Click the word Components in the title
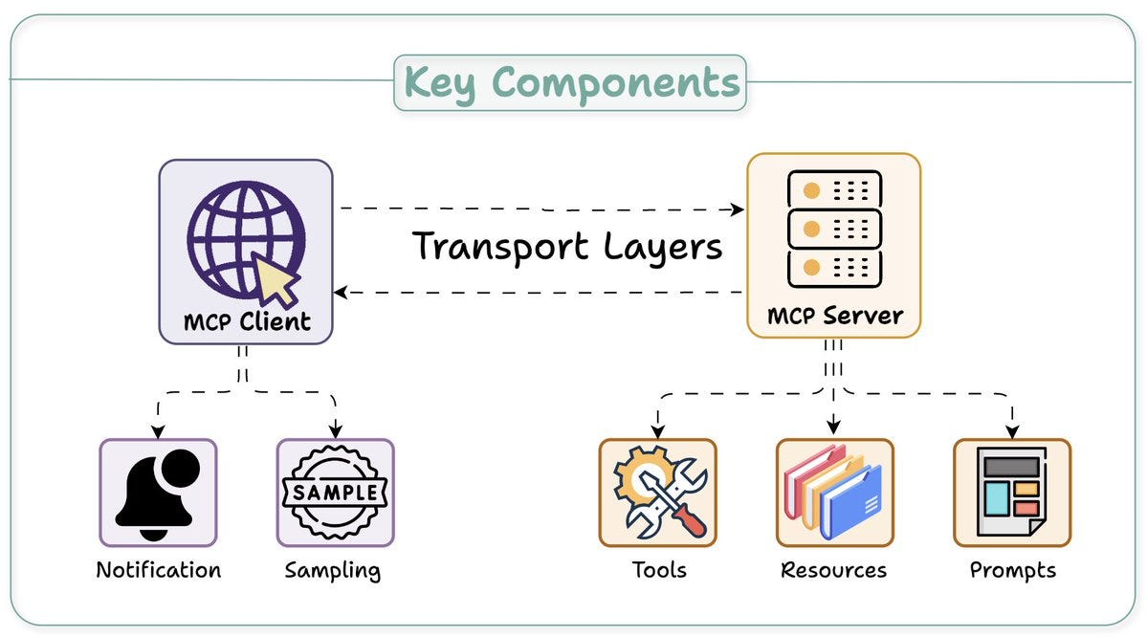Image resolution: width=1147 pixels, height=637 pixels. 616,84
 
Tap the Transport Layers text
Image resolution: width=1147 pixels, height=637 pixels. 567,247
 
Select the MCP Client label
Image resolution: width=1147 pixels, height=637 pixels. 247,321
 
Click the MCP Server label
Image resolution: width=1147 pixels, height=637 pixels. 834,316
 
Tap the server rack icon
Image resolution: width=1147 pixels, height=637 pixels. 833,229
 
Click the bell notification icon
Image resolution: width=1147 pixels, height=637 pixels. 156,491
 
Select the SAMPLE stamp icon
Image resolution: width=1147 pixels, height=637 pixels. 335,494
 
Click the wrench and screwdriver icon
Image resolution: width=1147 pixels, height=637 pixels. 658,494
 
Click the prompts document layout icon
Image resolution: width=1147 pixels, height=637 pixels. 1010,494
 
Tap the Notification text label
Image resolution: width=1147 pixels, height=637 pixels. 158,571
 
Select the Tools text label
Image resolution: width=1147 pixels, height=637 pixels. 658,571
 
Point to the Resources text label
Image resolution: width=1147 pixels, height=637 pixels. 833,571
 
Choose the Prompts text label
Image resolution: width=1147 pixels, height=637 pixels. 1012,571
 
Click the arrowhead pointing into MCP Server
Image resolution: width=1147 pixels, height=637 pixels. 738,209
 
